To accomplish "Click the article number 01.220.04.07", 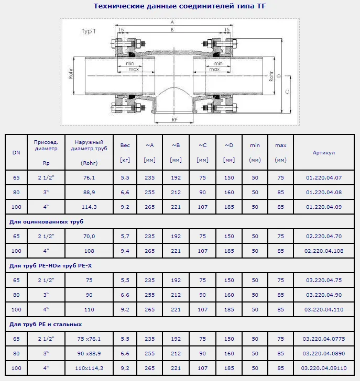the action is click(x=324, y=177).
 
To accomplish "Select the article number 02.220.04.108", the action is click(x=324, y=251).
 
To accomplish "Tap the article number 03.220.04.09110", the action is click(x=324, y=368).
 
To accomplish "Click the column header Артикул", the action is click(x=324, y=153).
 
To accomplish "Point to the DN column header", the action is click(x=16, y=153).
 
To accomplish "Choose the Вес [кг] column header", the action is click(x=125, y=153).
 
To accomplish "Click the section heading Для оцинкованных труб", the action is click(x=46, y=221).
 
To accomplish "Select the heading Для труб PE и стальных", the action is click(x=46, y=324).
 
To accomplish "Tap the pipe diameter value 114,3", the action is click(x=89, y=207).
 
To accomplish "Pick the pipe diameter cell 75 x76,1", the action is click(x=89, y=339).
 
